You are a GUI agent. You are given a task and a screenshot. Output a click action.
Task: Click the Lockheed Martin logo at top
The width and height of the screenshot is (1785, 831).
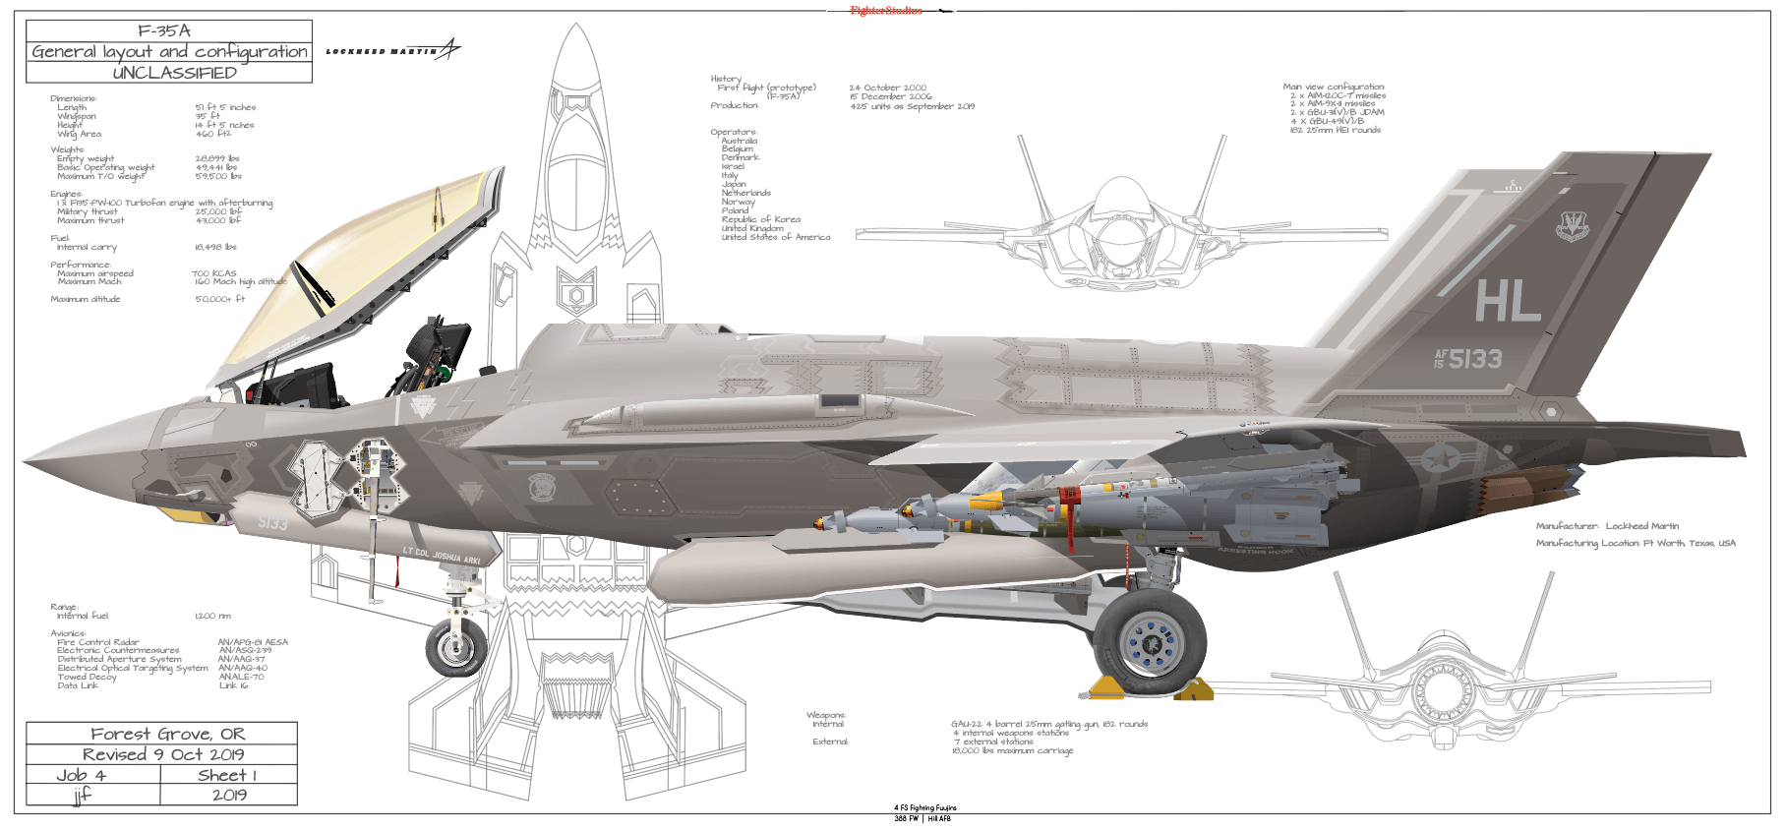click(x=392, y=50)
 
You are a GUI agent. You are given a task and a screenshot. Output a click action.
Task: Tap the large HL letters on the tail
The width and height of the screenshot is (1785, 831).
click(x=1507, y=301)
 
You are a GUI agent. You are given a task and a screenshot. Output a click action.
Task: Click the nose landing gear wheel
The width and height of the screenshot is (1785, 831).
click(x=456, y=646)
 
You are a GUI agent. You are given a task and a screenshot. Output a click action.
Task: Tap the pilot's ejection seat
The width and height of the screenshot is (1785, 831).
click(x=433, y=354)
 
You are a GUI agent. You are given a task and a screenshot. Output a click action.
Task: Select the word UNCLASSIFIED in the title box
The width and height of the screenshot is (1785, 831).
click(x=174, y=73)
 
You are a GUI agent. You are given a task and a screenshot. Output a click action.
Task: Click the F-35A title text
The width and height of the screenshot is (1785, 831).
click(x=164, y=30)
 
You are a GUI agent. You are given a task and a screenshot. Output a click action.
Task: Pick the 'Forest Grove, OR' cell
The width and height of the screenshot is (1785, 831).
click(x=167, y=734)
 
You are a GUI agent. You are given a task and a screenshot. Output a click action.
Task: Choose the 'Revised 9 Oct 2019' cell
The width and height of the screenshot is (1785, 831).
click(x=163, y=754)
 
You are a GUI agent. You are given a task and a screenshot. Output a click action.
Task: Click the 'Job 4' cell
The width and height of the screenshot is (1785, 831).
click(x=82, y=775)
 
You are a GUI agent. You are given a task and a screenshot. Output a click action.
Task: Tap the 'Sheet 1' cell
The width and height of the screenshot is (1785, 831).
click(x=227, y=775)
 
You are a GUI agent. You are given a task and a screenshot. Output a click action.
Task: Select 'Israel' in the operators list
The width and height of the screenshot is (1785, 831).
click(x=733, y=166)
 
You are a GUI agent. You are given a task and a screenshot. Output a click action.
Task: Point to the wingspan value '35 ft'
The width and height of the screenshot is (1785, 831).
click(x=208, y=116)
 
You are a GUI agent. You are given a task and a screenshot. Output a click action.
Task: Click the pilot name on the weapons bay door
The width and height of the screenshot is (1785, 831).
click(x=442, y=555)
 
